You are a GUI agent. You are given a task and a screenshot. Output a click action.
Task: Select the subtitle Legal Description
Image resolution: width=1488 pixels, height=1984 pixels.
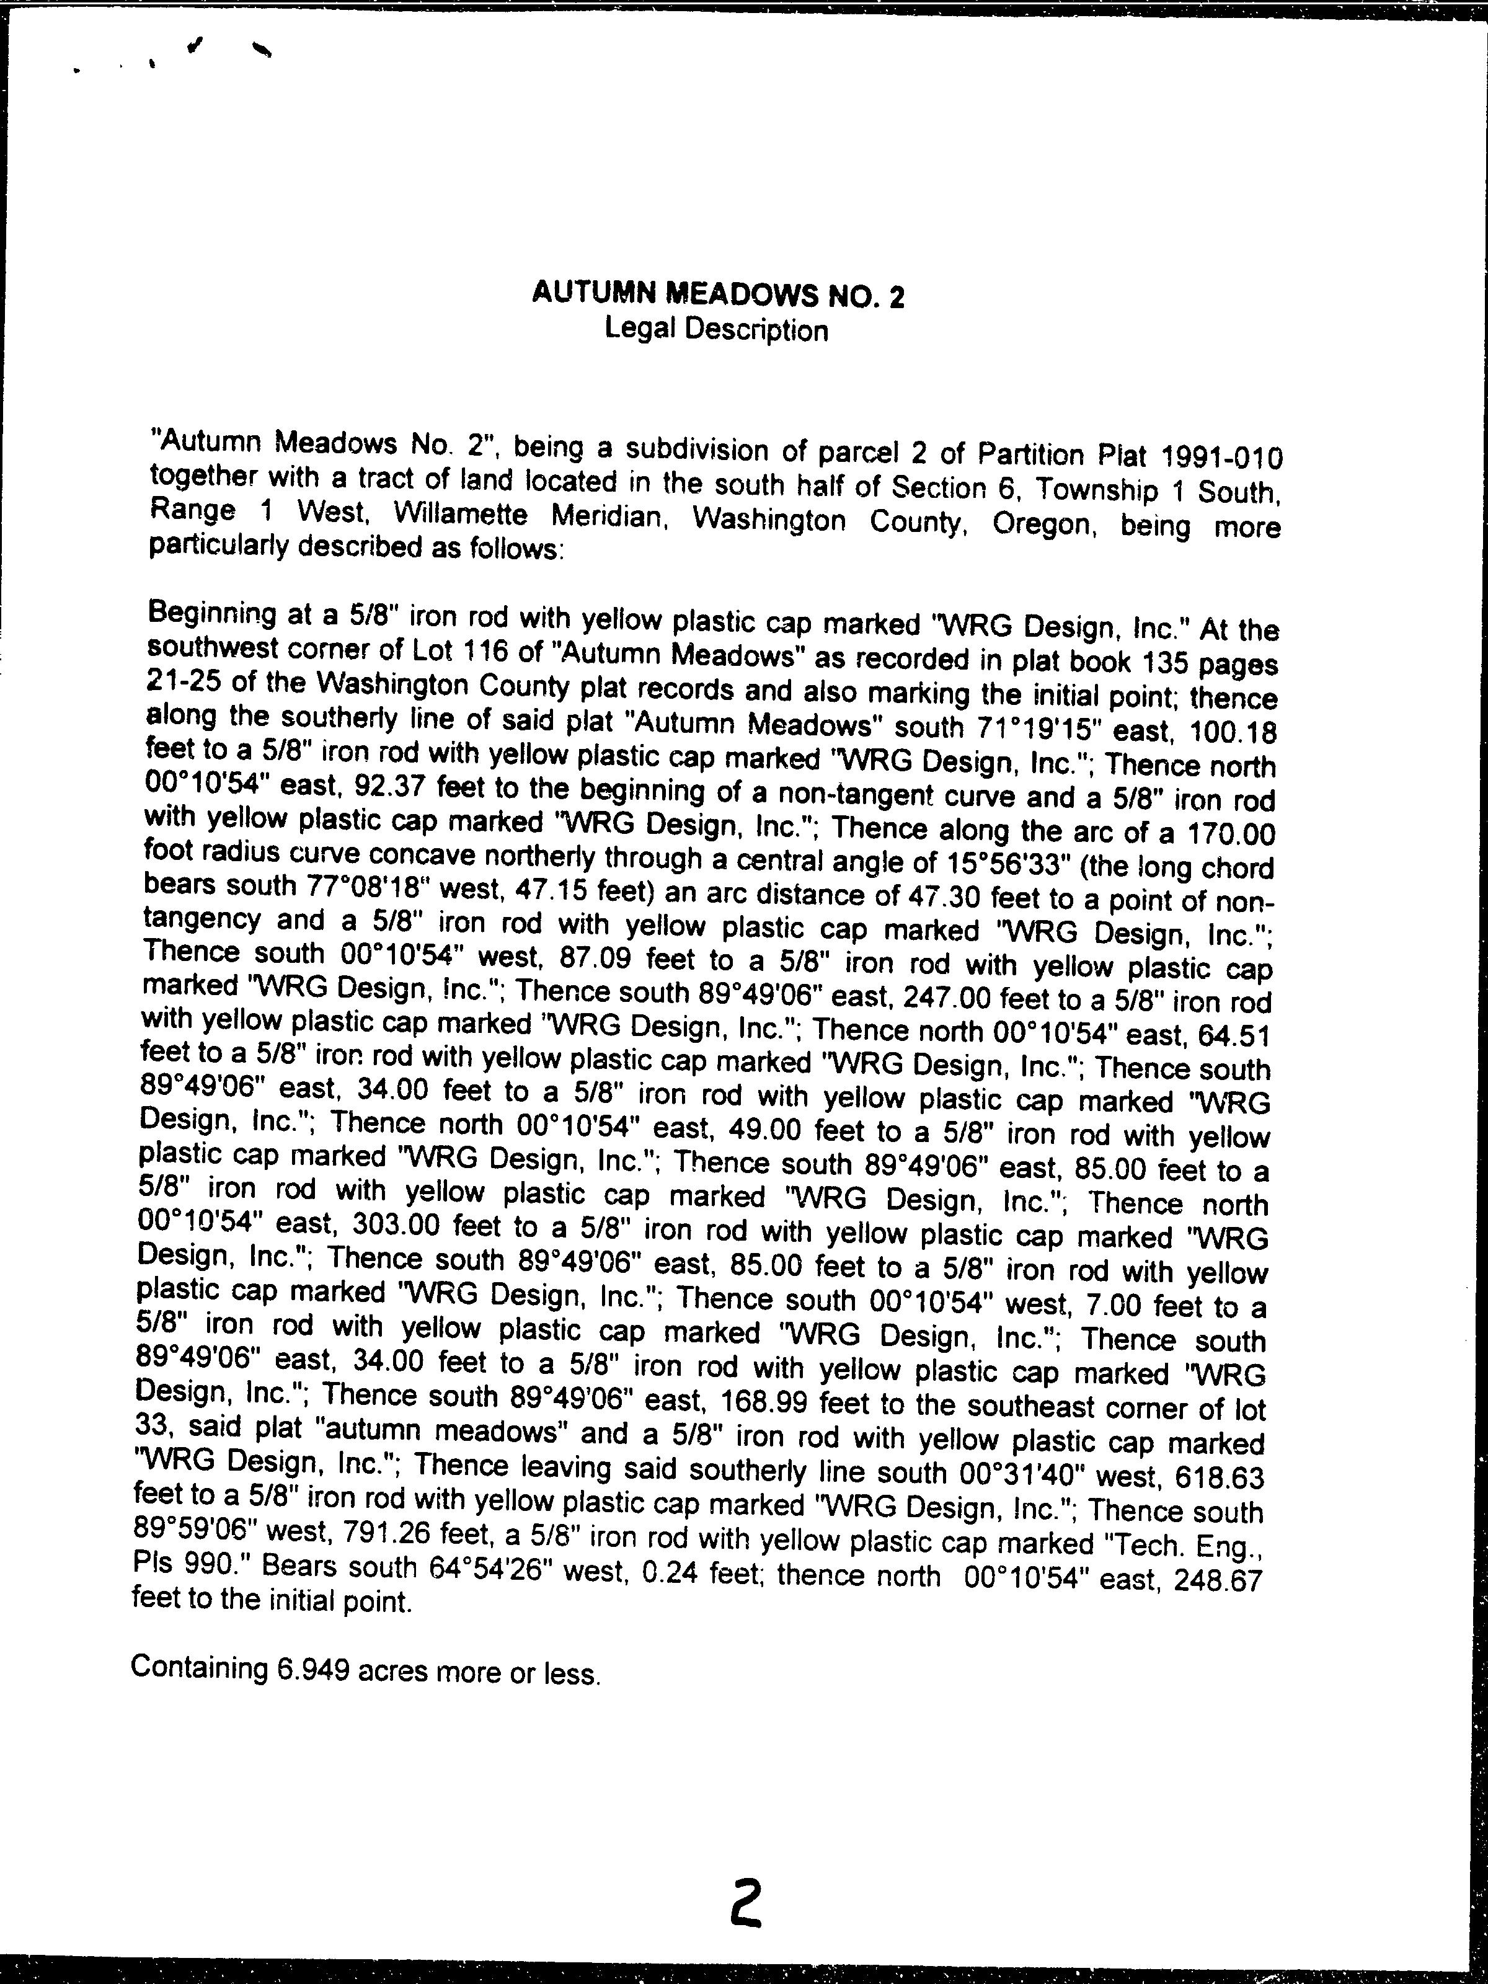715,330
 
